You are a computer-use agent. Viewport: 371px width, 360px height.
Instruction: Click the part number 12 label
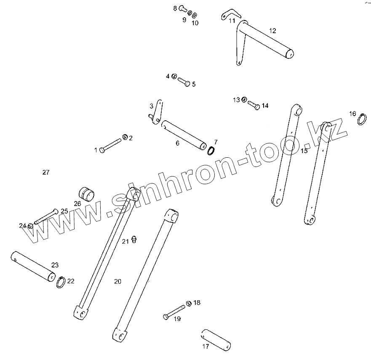[x=273, y=30]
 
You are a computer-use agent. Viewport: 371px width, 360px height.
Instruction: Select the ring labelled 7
[x=213, y=151]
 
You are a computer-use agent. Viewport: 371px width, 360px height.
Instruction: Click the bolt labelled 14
[x=253, y=105]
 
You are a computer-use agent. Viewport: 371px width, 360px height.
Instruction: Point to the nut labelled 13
[x=244, y=100]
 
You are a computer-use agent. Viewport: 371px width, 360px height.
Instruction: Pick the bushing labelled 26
[x=87, y=194]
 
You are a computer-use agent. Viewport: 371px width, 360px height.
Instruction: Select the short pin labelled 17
[x=216, y=339]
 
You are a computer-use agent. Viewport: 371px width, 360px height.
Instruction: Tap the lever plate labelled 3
[x=157, y=111]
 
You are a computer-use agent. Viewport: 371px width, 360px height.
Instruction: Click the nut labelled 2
[x=125, y=137]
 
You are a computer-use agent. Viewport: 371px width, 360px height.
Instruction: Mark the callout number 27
[x=46, y=172]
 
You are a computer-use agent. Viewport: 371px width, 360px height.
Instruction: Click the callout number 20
[x=117, y=281]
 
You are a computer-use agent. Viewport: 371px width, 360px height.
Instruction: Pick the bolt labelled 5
[x=184, y=81]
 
